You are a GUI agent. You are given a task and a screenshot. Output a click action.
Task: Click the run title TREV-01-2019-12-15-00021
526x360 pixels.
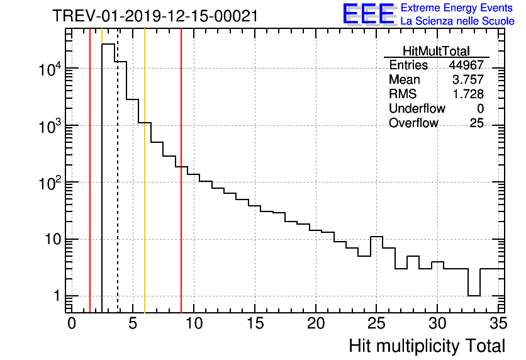click(x=155, y=16)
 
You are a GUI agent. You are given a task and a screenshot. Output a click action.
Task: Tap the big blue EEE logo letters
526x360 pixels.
click(x=369, y=14)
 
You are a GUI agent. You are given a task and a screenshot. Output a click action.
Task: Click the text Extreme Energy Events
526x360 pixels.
click(x=457, y=8)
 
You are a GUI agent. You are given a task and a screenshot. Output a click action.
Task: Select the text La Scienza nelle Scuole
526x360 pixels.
click(x=457, y=21)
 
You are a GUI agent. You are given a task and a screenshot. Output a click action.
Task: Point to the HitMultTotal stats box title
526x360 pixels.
click(x=436, y=51)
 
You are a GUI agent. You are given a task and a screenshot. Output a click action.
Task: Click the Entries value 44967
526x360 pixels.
click(x=466, y=65)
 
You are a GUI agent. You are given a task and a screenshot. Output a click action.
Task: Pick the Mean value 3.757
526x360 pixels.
click(x=469, y=80)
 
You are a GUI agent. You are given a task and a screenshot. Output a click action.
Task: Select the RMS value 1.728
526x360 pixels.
click(x=469, y=94)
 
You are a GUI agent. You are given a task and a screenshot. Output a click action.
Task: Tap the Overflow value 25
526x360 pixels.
click(x=476, y=123)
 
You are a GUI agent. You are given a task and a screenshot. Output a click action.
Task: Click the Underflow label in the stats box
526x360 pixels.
click(x=417, y=109)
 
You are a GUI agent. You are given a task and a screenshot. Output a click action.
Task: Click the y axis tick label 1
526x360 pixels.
click(x=55, y=296)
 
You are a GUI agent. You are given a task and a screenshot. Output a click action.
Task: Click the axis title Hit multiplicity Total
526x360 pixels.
click(x=427, y=346)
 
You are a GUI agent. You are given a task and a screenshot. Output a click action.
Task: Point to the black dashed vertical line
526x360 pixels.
click(x=118, y=189)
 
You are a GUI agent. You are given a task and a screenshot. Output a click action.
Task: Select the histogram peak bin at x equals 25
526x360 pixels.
click(x=376, y=237)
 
